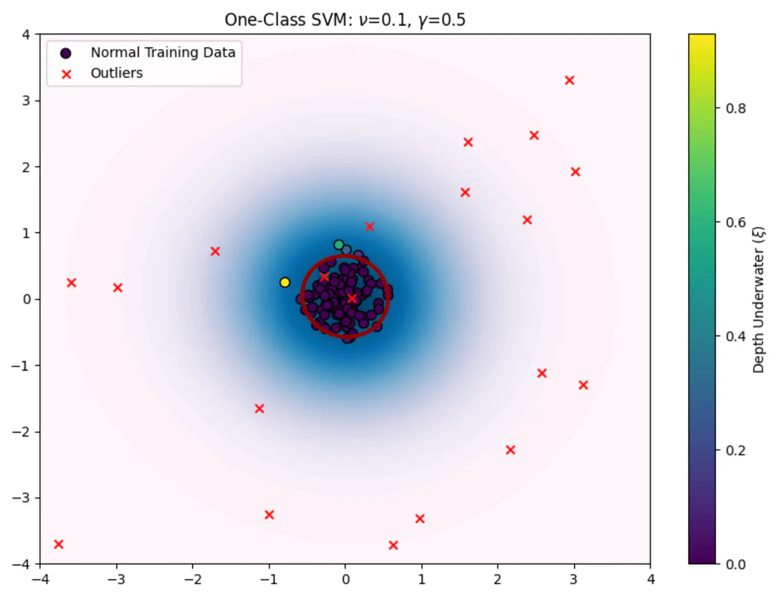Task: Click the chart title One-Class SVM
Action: pos(344,19)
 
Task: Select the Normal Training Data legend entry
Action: pos(162,52)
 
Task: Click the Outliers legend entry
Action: pos(116,73)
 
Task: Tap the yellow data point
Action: pos(285,282)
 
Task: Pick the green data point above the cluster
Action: pos(339,245)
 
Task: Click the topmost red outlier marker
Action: pos(569,81)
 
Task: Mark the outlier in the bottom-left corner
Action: pos(58,544)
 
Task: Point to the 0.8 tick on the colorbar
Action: pos(736,108)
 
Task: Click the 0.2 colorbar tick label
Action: pos(736,450)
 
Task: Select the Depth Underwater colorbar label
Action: pos(758,299)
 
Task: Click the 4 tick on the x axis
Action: pos(650,579)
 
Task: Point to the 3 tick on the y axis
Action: pos(26,101)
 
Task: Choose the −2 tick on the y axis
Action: pos(22,432)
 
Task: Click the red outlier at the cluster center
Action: pos(352,298)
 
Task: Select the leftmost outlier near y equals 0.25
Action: pos(71,283)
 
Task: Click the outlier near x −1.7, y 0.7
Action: pos(215,251)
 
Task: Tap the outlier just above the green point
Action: pos(369,227)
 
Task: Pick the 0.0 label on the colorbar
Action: pos(736,564)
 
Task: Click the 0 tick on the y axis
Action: pos(26,299)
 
